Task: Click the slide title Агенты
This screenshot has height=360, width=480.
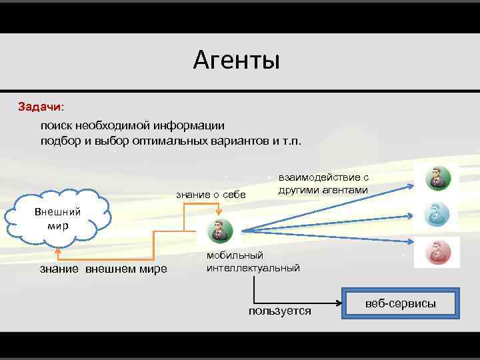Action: coord(237,61)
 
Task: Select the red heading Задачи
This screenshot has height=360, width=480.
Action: coord(41,106)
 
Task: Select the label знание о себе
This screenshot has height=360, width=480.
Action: coord(211,194)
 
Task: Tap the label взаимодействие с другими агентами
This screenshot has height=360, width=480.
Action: coord(323,183)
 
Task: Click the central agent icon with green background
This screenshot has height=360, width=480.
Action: coord(219,230)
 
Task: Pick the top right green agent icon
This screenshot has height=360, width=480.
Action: coord(437,178)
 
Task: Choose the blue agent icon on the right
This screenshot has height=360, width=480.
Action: coord(437,215)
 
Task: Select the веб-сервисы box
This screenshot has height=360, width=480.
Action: coord(400,304)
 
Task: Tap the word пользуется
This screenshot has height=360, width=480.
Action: coord(279,311)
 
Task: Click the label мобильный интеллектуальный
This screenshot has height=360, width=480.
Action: coord(253,261)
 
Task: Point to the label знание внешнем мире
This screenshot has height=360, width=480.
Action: coord(103,269)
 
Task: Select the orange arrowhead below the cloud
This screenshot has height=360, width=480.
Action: coord(59,251)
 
